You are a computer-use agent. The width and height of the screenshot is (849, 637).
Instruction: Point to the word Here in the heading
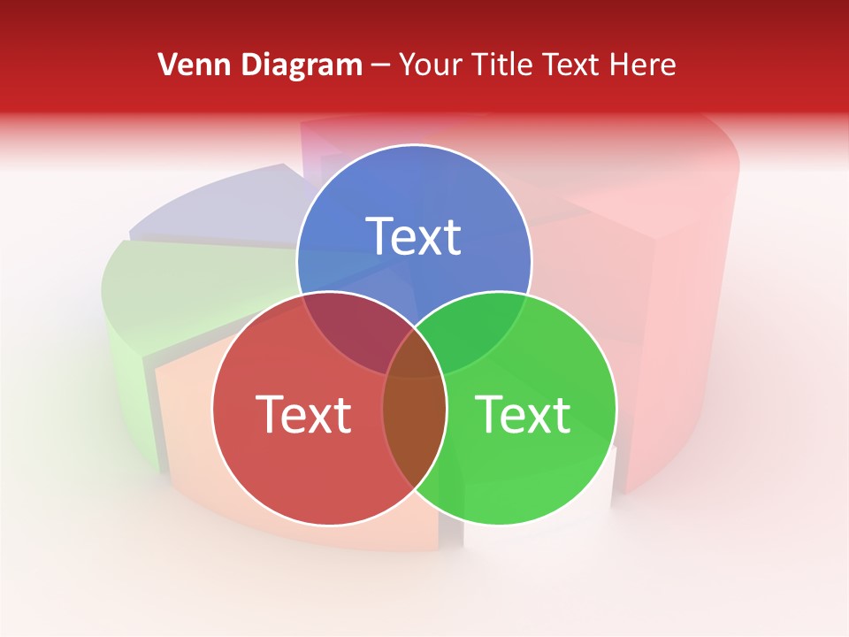click(x=644, y=65)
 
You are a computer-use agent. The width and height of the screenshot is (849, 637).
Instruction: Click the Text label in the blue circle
click(x=414, y=236)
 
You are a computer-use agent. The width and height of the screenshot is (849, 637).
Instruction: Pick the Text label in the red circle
click(x=302, y=414)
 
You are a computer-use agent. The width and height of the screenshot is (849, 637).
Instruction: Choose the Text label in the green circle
click(x=523, y=414)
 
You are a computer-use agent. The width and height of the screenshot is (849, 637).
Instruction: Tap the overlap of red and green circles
click(x=414, y=416)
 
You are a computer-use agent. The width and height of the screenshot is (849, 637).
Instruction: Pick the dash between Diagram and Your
click(x=380, y=65)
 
